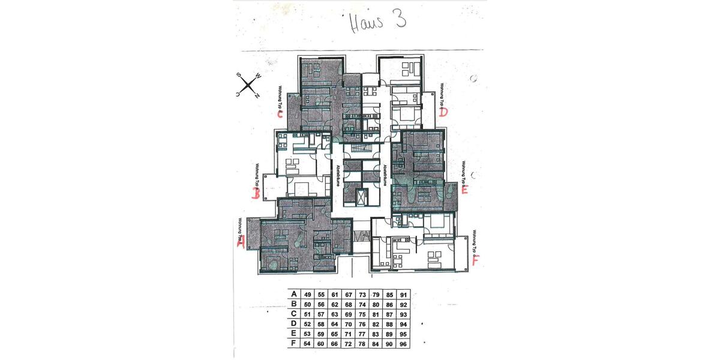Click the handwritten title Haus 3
pos(377,20)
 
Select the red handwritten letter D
pos(443,112)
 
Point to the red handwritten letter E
pos(465,191)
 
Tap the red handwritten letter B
pos(256,193)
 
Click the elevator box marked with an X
pos(361,197)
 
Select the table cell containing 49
pos(307,295)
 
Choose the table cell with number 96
pos(403,343)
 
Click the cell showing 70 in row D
pos(348,323)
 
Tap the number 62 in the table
pos(334,304)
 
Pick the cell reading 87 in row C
pos(389,314)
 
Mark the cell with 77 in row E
pos(362,333)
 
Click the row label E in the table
pos(293,333)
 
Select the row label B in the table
pos(293,304)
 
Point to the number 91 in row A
pos(403,295)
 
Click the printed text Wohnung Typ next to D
pos(442,95)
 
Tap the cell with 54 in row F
pos(307,343)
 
